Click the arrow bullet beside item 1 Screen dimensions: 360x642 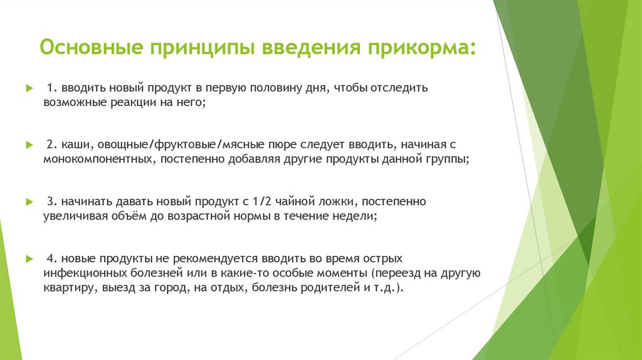pyautogui.click(x=28, y=88)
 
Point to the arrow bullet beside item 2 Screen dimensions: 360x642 pyautogui.click(x=28, y=145)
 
